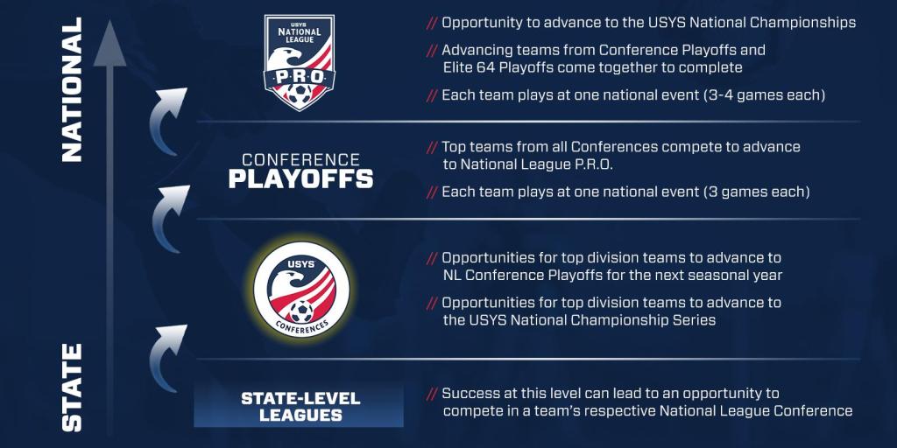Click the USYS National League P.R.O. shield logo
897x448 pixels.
pos(300,63)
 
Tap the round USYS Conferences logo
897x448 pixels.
pos(301,289)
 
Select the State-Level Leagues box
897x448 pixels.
pos(299,406)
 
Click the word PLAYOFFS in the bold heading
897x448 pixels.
pos(301,178)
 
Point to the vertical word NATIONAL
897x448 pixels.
pos(72,89)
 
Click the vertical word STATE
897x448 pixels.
pos(72,388)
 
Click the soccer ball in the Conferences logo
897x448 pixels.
pos(301,311)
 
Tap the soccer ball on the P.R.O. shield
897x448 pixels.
pos(300,94)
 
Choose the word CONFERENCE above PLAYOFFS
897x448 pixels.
pos(301,159)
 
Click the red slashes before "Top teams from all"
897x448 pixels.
pos(433,147)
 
